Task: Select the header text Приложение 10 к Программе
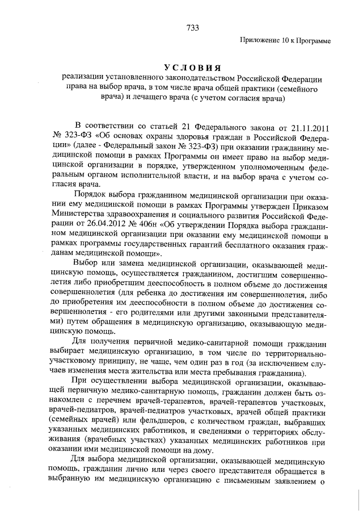[x=285, y=40]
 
